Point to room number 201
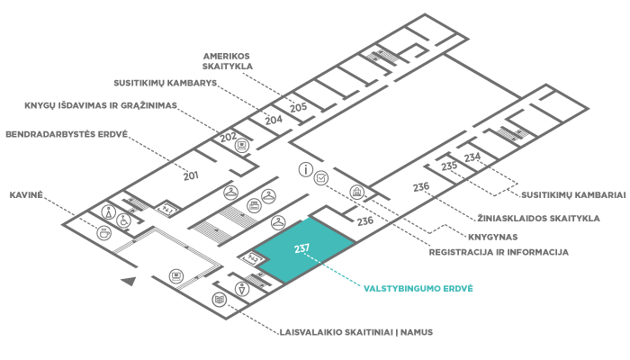[x=191, y=175]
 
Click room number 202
[x=229, y=137]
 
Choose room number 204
[x=274, y=119]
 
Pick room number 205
[x=299, y=107]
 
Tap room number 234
[x=472, y=157]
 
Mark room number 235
[x=450, y=166]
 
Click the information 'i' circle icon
[x=306, y=168]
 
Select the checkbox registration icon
[x=320, y=178]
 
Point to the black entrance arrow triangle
[x=129, y=283]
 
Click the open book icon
[x=219, y=299]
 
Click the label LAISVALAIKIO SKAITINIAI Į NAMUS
[x=356, y=332]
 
